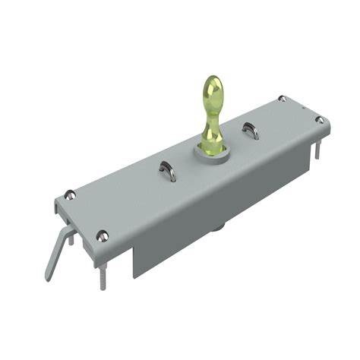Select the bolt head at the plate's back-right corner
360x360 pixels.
pos(282,99)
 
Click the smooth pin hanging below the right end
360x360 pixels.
pos(316,152)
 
